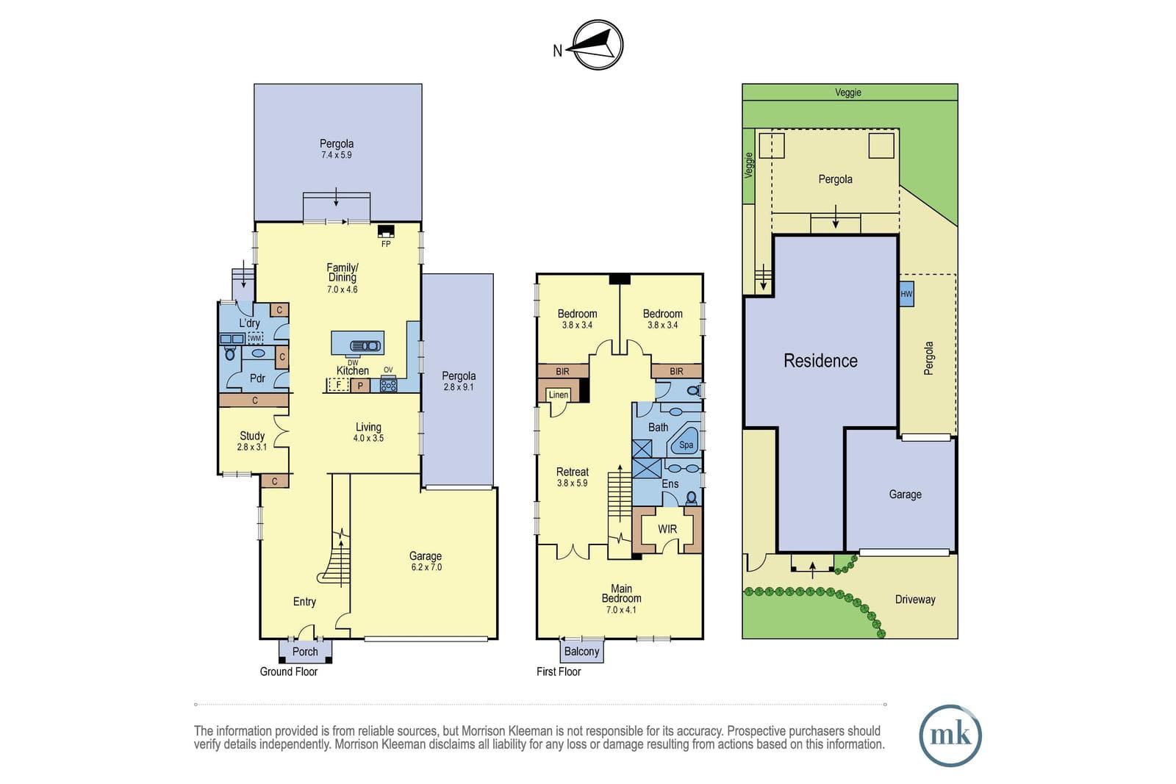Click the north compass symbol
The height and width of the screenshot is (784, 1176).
[x=597, y=45]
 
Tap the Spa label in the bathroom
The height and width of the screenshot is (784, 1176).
[x=686, y=445]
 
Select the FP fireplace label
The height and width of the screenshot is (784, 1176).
[x=386, y=244]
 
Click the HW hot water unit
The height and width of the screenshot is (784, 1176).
[x=907, y=295]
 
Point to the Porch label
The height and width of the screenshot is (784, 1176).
[x=305, y=652]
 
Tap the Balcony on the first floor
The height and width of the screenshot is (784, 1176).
[x=581, y=651]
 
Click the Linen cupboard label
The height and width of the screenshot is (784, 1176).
[x=558, y=395]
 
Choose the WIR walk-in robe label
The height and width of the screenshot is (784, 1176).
[x=667, y=530]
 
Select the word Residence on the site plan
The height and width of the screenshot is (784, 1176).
[x=820, y=361]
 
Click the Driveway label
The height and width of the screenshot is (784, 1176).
[x=915, y=600]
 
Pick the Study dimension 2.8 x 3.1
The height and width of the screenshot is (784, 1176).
[x=252, y=447]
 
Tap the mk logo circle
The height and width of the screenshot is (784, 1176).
[x=950, y=736]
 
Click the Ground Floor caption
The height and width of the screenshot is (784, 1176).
[x=289, y=672]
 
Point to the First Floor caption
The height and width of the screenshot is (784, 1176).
[x=559, y=672]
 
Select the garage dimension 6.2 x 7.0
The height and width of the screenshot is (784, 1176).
[x=426, y=567]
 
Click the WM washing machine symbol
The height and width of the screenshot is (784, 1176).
[x=255, y=339]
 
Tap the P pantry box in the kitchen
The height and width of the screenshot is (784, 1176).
[x=360, y=386]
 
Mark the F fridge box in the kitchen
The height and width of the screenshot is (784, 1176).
[x=339, y=385]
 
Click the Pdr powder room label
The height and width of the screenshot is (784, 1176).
[x=257, y=378]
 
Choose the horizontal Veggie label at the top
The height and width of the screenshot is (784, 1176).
[x=848, y=93]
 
